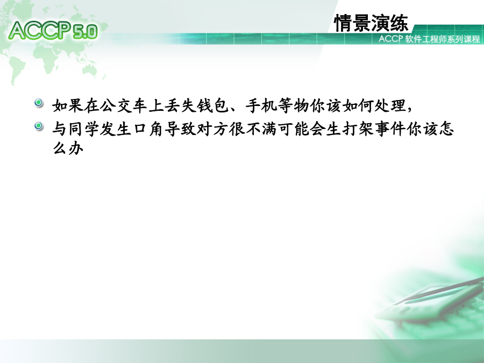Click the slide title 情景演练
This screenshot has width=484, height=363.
pyautogui.click(x=371, y=23)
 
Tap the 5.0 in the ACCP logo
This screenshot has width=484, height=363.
pyautogui.click(x=86, y=32)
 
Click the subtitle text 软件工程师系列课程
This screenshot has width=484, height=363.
pyautogui.click(x=443, y=39)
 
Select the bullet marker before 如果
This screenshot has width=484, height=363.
pyautogui.click(x=39, y=103)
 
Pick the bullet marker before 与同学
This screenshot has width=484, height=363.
pyautogui.click(x=39, y=126)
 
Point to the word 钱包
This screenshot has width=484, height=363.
pyautogui.click(x=213, y=105)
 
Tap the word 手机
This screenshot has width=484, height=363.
pyautogui.click(x=261, y=105)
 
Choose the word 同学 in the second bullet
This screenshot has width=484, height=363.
pyautogui.click(x=84, y=129)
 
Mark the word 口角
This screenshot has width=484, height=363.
pyautogui.click(x=148, y=129)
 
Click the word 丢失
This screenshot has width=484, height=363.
pyautogui.click(x=180, y=105)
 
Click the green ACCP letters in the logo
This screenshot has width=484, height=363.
pyautogui.click(x=40, y=30)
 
